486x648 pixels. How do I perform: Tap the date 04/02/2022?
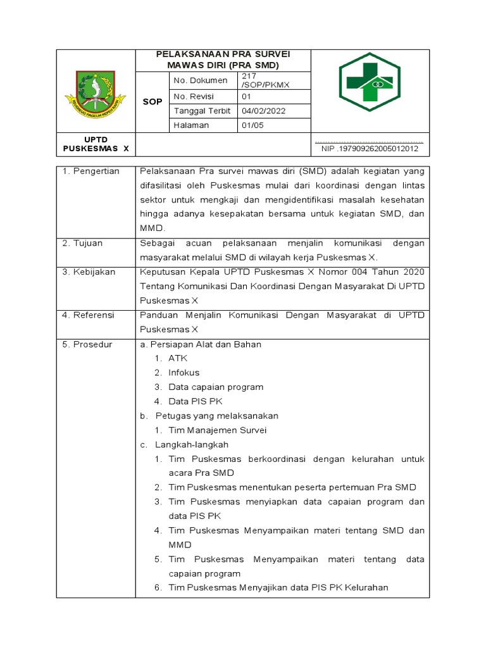[x=264, y=111]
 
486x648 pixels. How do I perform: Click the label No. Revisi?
[x=194, y=96]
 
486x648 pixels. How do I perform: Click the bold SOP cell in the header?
[x=152, y=101]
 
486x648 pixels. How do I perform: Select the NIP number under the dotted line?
[x=370, y=149]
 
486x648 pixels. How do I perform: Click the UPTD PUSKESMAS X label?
[x=96, y=144]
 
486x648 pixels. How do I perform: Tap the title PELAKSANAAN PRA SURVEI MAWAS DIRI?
[x=223, y=59]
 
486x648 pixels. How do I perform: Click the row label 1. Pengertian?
[x=90, y=171]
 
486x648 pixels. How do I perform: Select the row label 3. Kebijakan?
[x=89, y=271]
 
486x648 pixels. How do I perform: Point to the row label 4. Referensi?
[x=88, y=315]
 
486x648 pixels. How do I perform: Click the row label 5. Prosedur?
[x=87, y=344]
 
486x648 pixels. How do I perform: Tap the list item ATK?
[x=178, y=358]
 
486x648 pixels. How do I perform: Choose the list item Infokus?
[x=184, y=373]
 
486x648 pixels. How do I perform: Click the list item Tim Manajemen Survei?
[x=217, y=430]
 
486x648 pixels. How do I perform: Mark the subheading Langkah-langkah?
[x=192, y=445]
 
